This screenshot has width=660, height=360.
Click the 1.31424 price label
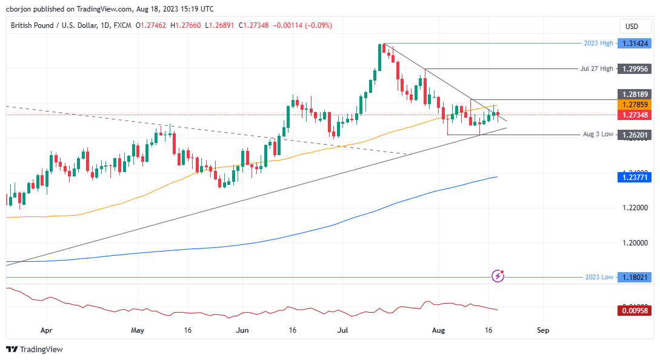634,44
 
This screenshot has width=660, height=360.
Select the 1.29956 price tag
634,69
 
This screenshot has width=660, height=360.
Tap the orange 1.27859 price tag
634,105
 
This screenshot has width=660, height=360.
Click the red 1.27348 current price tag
634,115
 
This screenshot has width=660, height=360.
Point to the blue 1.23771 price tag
634,177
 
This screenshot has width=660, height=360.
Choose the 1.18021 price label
634,277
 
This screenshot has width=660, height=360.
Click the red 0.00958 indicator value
634,310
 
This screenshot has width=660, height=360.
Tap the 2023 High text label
599,44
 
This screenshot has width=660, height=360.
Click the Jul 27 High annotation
596,69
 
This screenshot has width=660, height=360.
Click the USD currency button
632,26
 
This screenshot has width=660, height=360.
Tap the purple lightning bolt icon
498,276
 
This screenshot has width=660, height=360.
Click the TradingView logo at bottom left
35,349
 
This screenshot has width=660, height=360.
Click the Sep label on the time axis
543,331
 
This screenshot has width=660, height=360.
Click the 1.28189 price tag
634,95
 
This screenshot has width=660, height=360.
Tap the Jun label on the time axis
242,331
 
